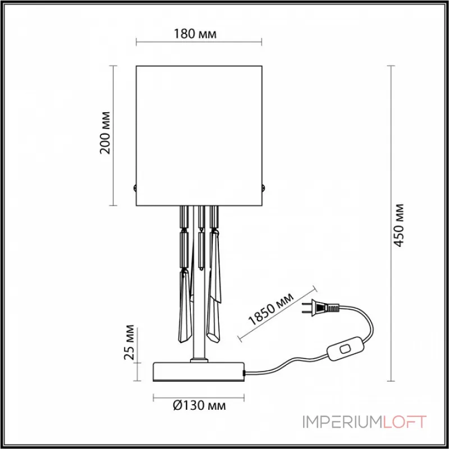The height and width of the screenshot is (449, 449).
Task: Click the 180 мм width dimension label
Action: click(199, 34)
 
